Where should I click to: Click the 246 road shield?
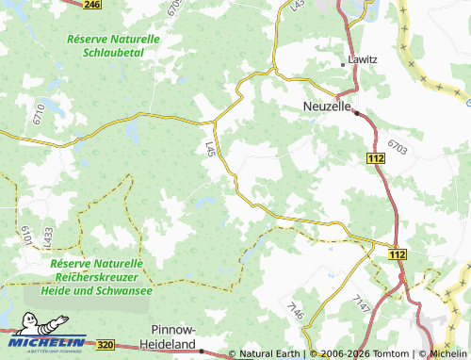tap(91, 5)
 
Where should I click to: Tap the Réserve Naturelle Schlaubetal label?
tap(114, 46)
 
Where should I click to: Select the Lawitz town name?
tap(363, 59)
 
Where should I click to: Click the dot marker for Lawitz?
tap(343, 64)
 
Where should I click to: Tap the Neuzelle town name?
tap(327, 106)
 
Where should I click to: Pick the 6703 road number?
tap(398, 148)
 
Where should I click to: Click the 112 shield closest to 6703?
tap(376, 161)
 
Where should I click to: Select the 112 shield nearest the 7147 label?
tap(397, 254)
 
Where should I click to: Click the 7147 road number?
tap(363, 303)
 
